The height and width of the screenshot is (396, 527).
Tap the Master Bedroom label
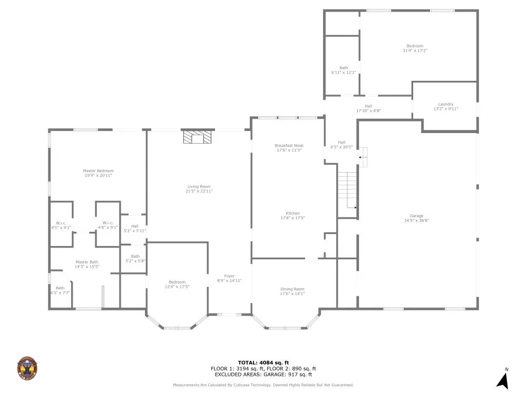click(x=98, y=171)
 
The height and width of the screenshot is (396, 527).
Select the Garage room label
click(x=416, y=215)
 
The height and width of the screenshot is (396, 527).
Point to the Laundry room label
click(x=445, y=105)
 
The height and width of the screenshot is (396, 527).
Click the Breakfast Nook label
click(x=289, y=146)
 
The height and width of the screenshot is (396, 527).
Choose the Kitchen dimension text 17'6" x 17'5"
click(x=292, y=218)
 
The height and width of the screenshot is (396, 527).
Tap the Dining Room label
click(x=292, y=289)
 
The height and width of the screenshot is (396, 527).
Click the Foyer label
click(x=229, y=276)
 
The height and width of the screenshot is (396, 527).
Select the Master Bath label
click(x=87, y=262)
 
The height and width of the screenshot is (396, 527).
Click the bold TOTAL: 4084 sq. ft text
click(x=263, y=363)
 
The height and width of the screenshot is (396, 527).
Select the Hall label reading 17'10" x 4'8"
click(x=368, y=106)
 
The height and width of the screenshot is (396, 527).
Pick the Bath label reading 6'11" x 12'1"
click(x=344, y=68)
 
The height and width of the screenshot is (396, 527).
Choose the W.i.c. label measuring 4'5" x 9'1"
click(x=61, y=223)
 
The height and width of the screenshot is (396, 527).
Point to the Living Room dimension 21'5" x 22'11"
click(x=199, y=191)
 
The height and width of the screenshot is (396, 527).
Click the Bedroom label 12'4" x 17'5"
click(x=177, y=282)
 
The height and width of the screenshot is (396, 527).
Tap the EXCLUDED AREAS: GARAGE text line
click(x=263, y=374)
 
